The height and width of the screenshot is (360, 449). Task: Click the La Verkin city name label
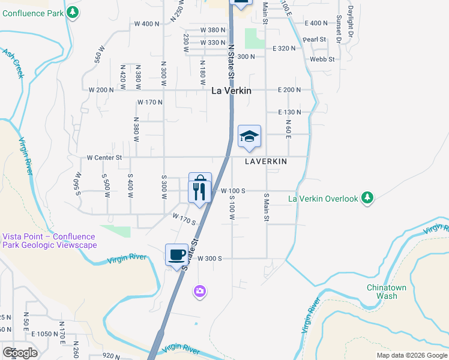[231, 91]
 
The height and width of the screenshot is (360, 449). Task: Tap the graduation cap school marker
[249, 137]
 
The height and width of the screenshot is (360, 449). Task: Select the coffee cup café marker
[176, 254]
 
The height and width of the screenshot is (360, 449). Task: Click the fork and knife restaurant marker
[199, 192]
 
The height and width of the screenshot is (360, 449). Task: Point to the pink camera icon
[200, 292]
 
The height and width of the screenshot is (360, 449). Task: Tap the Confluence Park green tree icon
[73, 12]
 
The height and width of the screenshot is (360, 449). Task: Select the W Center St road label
[104, 158]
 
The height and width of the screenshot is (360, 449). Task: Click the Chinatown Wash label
[387, 292]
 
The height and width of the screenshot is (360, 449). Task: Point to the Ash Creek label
[13, 62]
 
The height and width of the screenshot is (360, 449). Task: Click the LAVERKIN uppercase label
[266, 162]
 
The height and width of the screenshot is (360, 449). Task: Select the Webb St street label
[322, 59]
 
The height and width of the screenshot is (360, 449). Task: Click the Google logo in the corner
[20, 353]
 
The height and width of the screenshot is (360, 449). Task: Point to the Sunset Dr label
[339, 29]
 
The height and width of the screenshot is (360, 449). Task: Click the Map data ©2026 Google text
[411, 355]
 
